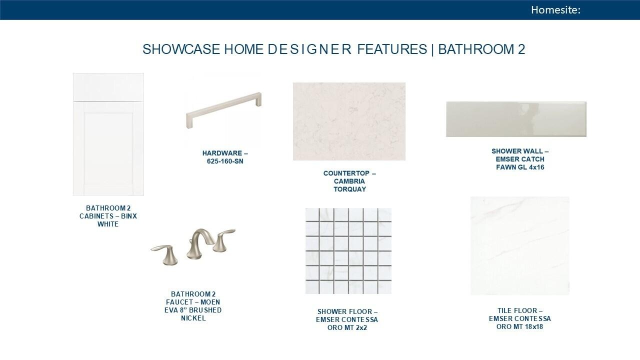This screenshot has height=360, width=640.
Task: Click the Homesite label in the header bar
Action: (555, 10)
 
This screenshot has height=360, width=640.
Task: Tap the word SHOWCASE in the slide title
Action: (181, 49)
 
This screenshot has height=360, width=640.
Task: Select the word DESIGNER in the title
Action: (309, 49)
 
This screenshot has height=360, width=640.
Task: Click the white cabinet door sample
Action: (108, 134)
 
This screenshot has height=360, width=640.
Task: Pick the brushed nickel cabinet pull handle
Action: (223, 110)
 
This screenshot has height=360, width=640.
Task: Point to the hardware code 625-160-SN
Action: (225, 161)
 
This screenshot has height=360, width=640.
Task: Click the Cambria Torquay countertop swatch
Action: (349, 121)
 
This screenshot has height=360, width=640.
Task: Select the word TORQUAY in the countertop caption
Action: (349, 189)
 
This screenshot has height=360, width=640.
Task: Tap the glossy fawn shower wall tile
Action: (516, 119)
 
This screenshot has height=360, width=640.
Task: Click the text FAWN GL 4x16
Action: (520, 167)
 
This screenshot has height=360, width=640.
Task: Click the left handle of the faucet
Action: (165, 254)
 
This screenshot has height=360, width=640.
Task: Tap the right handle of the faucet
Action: (223, 240)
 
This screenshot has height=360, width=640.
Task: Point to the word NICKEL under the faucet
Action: (193, 318)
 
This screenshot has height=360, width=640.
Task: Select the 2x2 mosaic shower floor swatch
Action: (348, 251)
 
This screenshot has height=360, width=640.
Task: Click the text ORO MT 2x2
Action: (347, 327)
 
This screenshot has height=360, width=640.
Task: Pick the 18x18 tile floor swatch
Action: (520, 245)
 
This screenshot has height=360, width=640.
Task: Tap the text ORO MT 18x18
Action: (519, 326)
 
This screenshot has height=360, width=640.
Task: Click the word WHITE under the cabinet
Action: (108, 224)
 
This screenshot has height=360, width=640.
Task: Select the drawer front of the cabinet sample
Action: (108, 87)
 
